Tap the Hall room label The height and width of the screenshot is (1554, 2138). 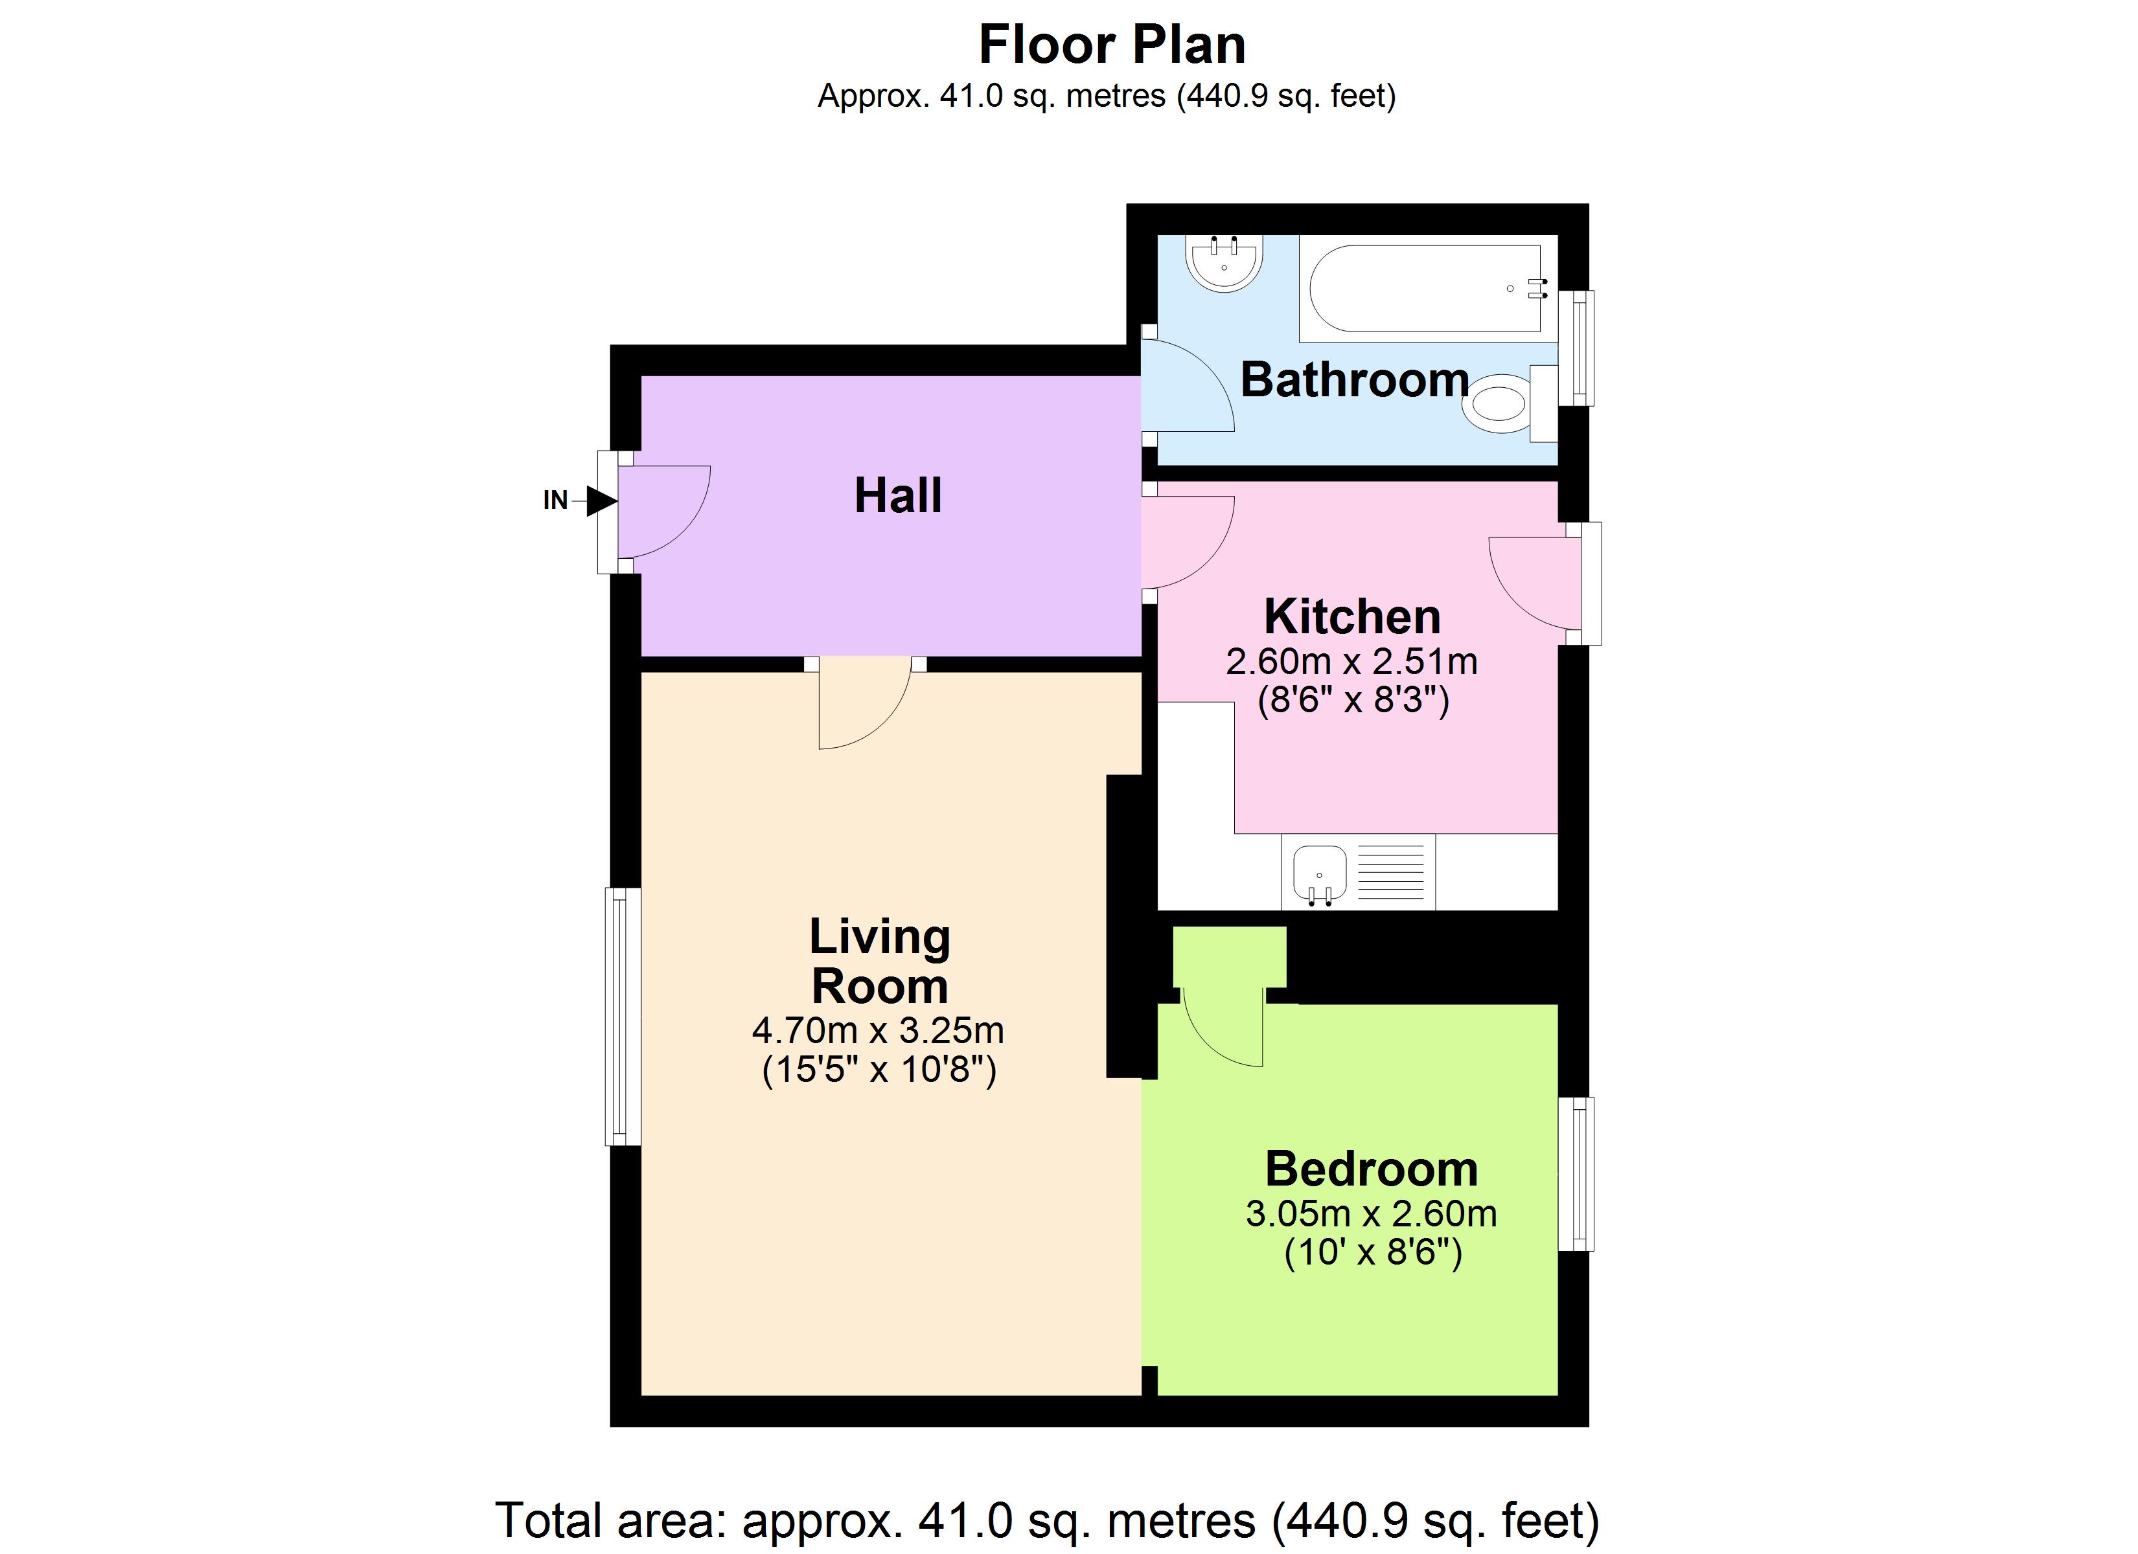coord(897,496)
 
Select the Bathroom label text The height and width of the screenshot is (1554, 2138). coord(1355,380)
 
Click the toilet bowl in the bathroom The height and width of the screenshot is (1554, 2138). coord(1499,404)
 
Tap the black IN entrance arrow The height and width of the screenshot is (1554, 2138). coord(601,501)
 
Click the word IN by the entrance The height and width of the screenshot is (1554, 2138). coord(555,501)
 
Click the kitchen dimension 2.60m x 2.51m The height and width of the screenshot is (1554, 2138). coord(1352,662)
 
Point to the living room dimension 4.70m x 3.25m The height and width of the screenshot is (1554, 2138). coord(878,1031)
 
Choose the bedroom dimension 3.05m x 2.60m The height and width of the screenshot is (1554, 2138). coord(1372,1214)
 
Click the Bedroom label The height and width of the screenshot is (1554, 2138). coord(1372,1169)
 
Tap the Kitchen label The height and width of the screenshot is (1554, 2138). coord(1352,617)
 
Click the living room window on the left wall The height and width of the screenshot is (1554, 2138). coord(622,1017)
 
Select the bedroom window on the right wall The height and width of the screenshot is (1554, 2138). coord(1575,1174)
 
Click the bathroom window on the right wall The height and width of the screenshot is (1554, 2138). coord(1575,348)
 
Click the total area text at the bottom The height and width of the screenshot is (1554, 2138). coord(1046,1520)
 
